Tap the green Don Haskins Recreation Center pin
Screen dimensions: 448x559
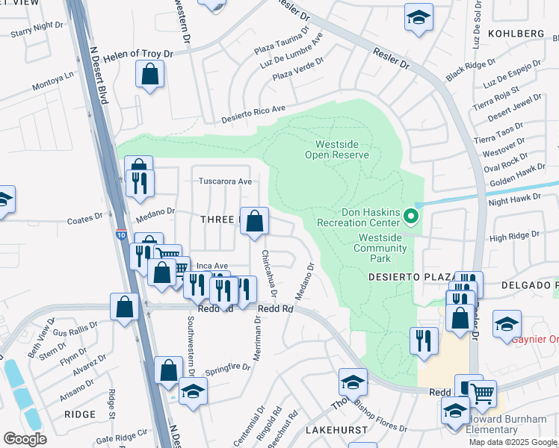coord(410,217)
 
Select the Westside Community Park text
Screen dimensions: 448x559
coord(382,248)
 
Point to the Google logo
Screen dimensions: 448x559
coord(25,438)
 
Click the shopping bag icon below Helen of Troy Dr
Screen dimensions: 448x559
coord(150,74)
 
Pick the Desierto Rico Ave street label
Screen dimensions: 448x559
coord(254,114)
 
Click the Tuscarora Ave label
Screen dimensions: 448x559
coord(225,181)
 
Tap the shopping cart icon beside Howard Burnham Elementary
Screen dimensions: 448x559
coord(482,393)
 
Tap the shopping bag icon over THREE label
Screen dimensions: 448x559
coord(254,221)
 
